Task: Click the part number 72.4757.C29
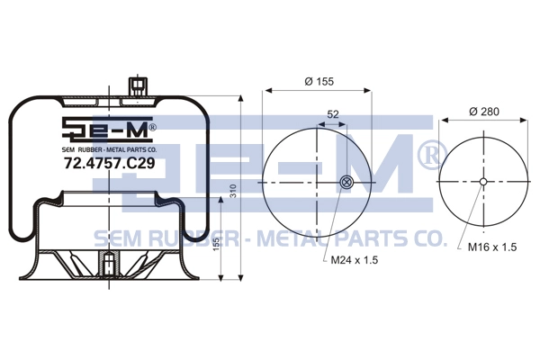[110, 163]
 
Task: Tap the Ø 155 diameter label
[319, 81]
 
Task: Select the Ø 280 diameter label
[484, 112]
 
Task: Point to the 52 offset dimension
[333, 113]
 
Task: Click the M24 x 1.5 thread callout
[355, 260]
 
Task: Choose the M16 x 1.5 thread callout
[492, 247]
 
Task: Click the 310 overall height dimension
[233, 191]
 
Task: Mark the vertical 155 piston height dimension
[216, 244]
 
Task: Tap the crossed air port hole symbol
[346, 182]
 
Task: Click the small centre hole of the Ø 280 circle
[483, 182]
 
